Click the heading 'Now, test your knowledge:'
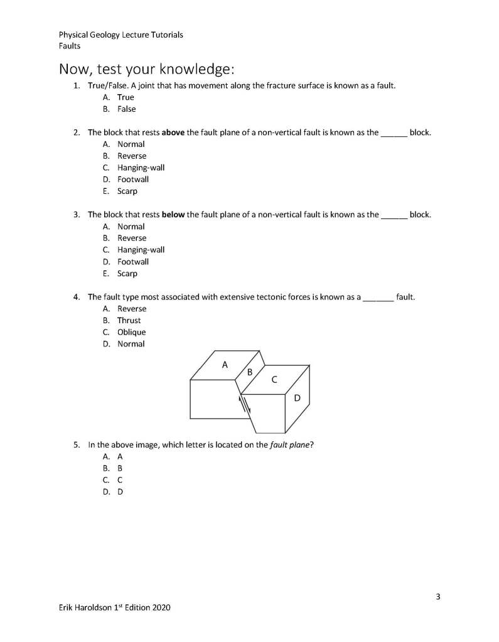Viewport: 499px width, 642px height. (x=146, y=68)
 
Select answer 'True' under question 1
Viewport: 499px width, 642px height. (x=126, y=97)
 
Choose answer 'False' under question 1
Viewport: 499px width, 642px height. (x=126, y=109)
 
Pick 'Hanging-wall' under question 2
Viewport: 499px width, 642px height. (x=141, y=168)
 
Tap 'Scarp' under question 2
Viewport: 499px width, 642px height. (x=127, y=191)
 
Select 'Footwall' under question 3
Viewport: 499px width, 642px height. (x=133, y=262)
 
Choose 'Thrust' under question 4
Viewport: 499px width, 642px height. (x=129, y=321)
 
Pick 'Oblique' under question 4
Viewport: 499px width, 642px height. (x=131, y=333)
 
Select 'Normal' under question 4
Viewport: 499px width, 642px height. (x=131, y=344)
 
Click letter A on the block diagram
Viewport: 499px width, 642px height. (x=225, y=364)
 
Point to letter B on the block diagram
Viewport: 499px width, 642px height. (x=250, y=372)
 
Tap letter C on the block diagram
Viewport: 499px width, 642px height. (x=274, y=380)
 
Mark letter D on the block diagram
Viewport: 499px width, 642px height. (x=298, y=398)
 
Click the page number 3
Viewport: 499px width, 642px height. (x=438, y=597)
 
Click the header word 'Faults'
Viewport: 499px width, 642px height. (x=70, y=46)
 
